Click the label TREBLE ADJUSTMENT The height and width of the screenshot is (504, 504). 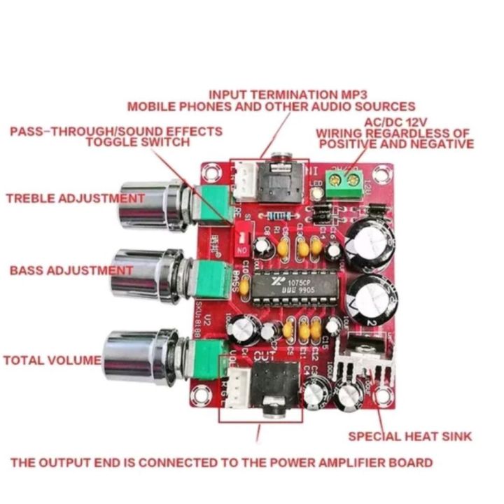tap(75, 198)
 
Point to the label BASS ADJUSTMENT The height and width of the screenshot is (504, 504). tap(71, 269)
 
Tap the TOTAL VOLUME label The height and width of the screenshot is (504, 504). tap(52, 360)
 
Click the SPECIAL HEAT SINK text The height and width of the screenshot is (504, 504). tap(410, 436)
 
